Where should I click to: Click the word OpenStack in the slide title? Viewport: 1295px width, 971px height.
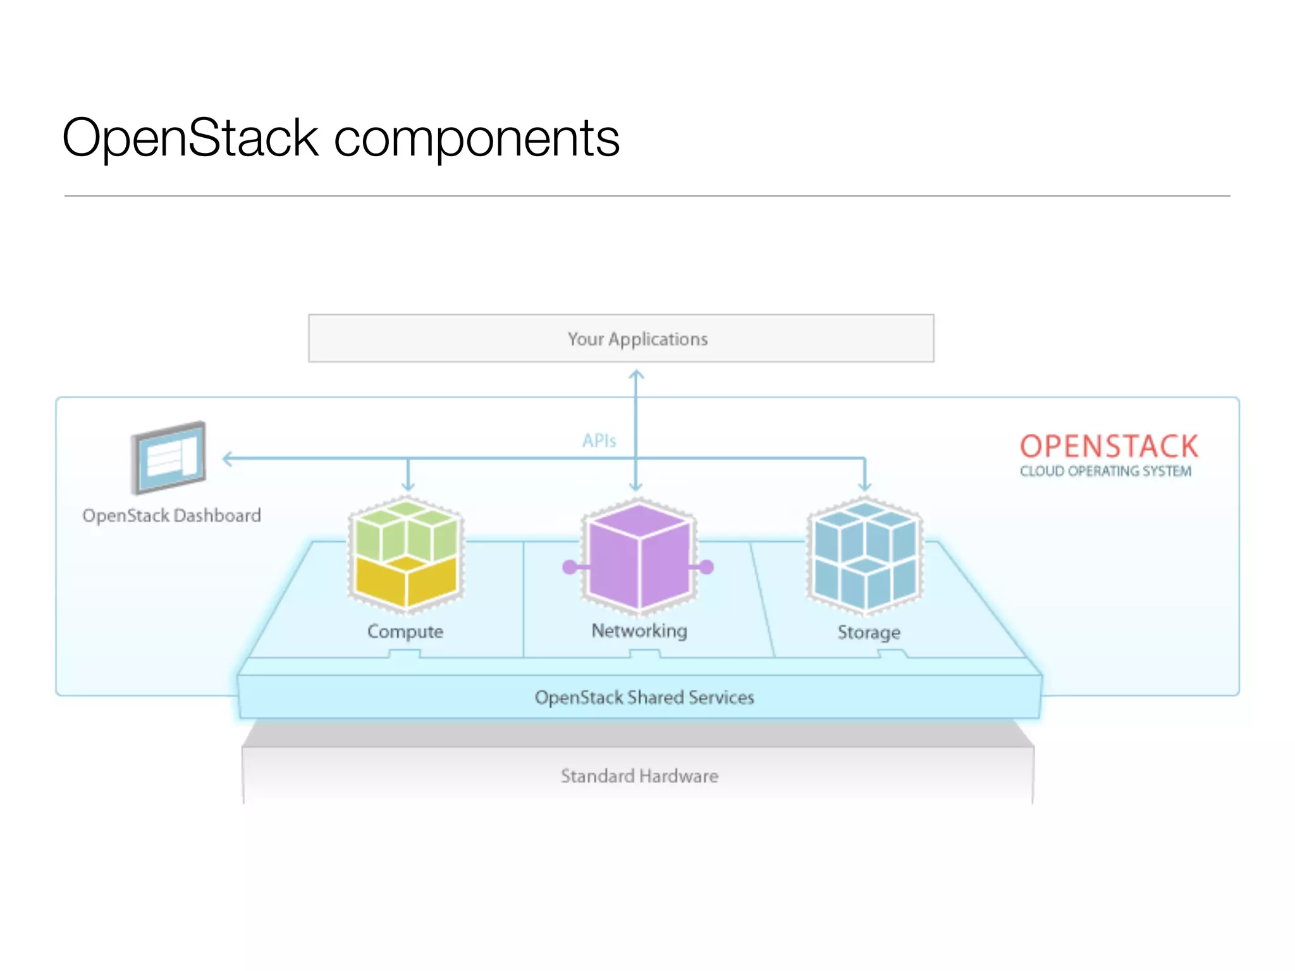pos(190,138)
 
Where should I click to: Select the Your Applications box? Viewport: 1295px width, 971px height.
pos(621,338)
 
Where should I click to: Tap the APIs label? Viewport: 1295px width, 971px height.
pos(599,441)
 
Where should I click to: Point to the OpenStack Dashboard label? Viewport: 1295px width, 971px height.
pos(171,516)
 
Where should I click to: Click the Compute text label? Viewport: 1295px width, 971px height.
pos(405,632)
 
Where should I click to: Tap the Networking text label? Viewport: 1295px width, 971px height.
pos(639,631)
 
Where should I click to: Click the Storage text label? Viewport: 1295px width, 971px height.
pos(869,632)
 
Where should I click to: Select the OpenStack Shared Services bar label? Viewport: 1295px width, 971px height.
pos(644,697)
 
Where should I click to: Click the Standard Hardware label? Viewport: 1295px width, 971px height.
pos(639,776)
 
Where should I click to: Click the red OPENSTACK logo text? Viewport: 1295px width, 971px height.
pos(1108,446)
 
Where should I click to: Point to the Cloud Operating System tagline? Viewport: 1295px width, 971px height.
pos(1105,472)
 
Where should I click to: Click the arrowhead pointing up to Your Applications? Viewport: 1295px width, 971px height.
pos(636,375)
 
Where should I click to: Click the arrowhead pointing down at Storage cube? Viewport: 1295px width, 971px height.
pos(864,486)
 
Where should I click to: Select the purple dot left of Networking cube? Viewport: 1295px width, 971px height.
pos(570,567)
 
